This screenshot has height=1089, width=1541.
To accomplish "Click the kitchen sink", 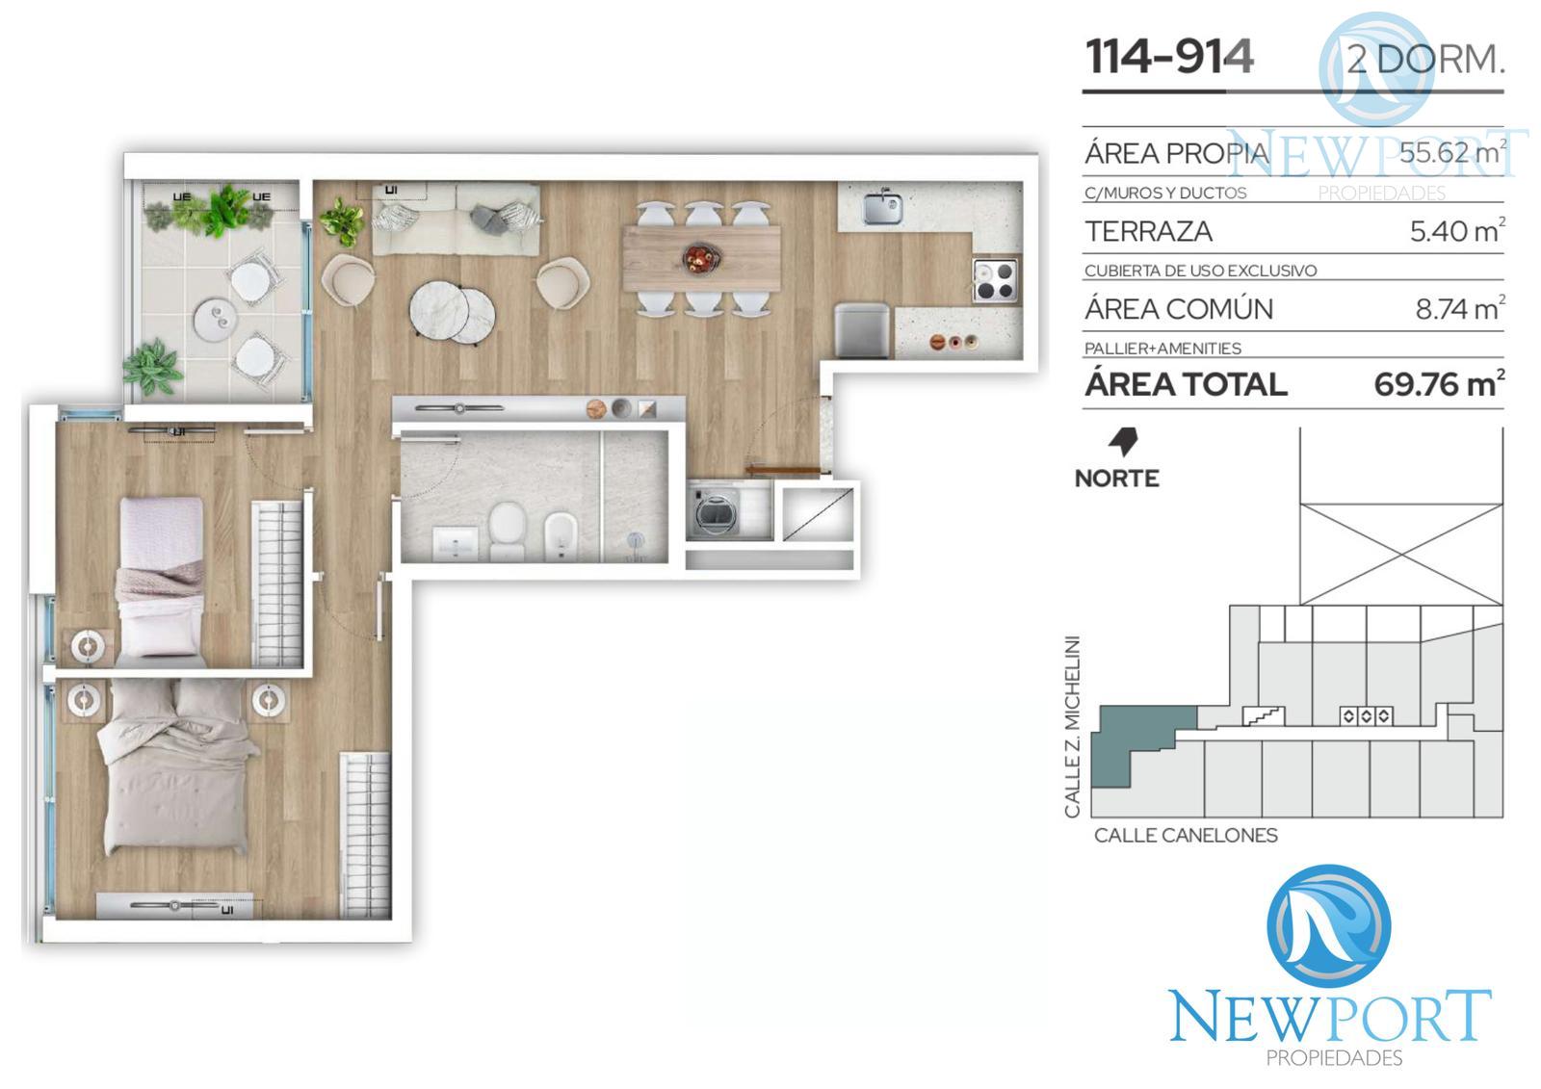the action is pos(882,208).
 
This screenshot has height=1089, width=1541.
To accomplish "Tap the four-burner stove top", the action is pos(995,280).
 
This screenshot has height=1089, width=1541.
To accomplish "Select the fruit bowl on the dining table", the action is pos(701,259).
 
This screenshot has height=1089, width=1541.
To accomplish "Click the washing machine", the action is pos(715,512).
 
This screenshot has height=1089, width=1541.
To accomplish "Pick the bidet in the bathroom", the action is pos(560,536).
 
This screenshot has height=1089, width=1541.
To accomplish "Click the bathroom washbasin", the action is pos(456,543).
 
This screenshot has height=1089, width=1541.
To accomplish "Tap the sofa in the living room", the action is pos(457,219).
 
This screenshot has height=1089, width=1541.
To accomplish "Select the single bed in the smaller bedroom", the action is pos(162,582).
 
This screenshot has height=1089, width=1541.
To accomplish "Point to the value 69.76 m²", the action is pos(1439,384).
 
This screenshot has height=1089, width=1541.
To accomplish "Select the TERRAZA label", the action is pos(1148,231).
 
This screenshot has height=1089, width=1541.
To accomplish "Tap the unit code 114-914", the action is pos(1169,57).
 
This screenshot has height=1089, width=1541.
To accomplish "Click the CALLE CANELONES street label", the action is pos(1186,835).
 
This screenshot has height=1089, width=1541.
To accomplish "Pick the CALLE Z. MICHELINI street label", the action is pos(1072,726).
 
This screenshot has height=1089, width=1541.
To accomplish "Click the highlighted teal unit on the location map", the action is pos(1128,736).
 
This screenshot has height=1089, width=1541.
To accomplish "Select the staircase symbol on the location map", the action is pos(1264,716).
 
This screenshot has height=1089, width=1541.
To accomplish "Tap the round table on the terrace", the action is pos(216,320).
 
